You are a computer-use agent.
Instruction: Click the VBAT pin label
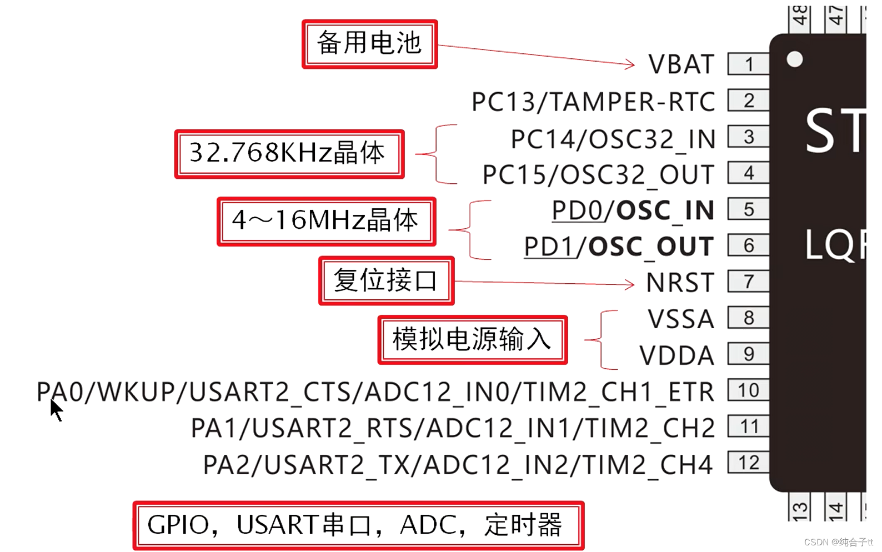click(681, 64)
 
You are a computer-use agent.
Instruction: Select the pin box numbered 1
click(748, 64)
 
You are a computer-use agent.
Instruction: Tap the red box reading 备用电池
click(369, 44)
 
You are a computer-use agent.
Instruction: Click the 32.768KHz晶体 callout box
click(289, 154)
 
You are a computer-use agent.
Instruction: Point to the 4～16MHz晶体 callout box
click(326, 221)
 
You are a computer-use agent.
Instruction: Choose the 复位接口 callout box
click(386, 280)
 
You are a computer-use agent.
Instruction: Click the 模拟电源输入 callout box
click(472, 340)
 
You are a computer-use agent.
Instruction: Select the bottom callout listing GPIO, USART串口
click(358, 525)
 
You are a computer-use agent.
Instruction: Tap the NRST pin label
click(680, 283)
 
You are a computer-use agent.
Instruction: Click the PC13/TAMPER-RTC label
click(593, 102)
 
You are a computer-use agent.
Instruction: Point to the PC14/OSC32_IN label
click(613, 139)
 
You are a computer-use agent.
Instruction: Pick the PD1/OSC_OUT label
click(619, 247)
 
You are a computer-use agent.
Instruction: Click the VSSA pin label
click(681, 319)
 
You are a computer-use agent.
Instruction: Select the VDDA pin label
click(676, 356)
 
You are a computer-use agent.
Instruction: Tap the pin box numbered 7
click(748, 282)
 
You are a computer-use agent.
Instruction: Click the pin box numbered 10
click(748, 390)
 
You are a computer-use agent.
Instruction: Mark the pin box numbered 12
click(748, 463)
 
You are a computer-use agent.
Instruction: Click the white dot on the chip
click(795, 59)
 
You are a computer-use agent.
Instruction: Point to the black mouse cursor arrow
click(56, 410)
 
